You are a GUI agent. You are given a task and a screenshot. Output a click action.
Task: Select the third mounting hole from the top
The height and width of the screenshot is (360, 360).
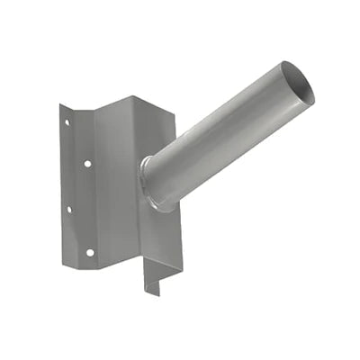(68, 209)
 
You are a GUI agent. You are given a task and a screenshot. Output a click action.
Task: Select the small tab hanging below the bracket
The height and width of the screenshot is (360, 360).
(154, 278)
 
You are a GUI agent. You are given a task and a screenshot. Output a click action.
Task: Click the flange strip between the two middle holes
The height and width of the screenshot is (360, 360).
(77, 187)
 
